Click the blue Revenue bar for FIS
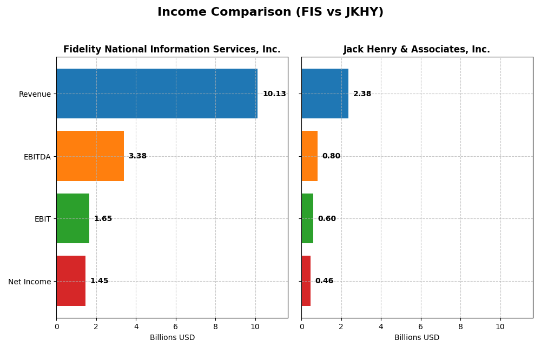[157, 94]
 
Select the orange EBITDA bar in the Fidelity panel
[90, 156]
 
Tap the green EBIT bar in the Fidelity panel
[72, 218]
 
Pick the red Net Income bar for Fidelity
[71, 281]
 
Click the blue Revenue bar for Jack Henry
[325, 94]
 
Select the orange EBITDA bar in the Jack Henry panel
[309, 156]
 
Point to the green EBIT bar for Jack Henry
[307, 218]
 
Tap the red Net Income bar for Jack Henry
[306, 281]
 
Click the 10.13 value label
[274, 94]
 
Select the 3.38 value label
[137, 156]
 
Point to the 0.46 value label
[324, 281]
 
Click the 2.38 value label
[362, 94]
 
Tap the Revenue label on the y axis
[35, 94]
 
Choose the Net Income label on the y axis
[30, 282]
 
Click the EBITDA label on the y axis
[37, 157]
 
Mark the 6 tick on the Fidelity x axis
[176, 326]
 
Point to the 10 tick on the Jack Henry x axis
[500, 326]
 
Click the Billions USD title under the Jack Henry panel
[417, 338]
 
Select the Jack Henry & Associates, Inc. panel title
[417, 50]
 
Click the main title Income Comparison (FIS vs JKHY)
[270, 12]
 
